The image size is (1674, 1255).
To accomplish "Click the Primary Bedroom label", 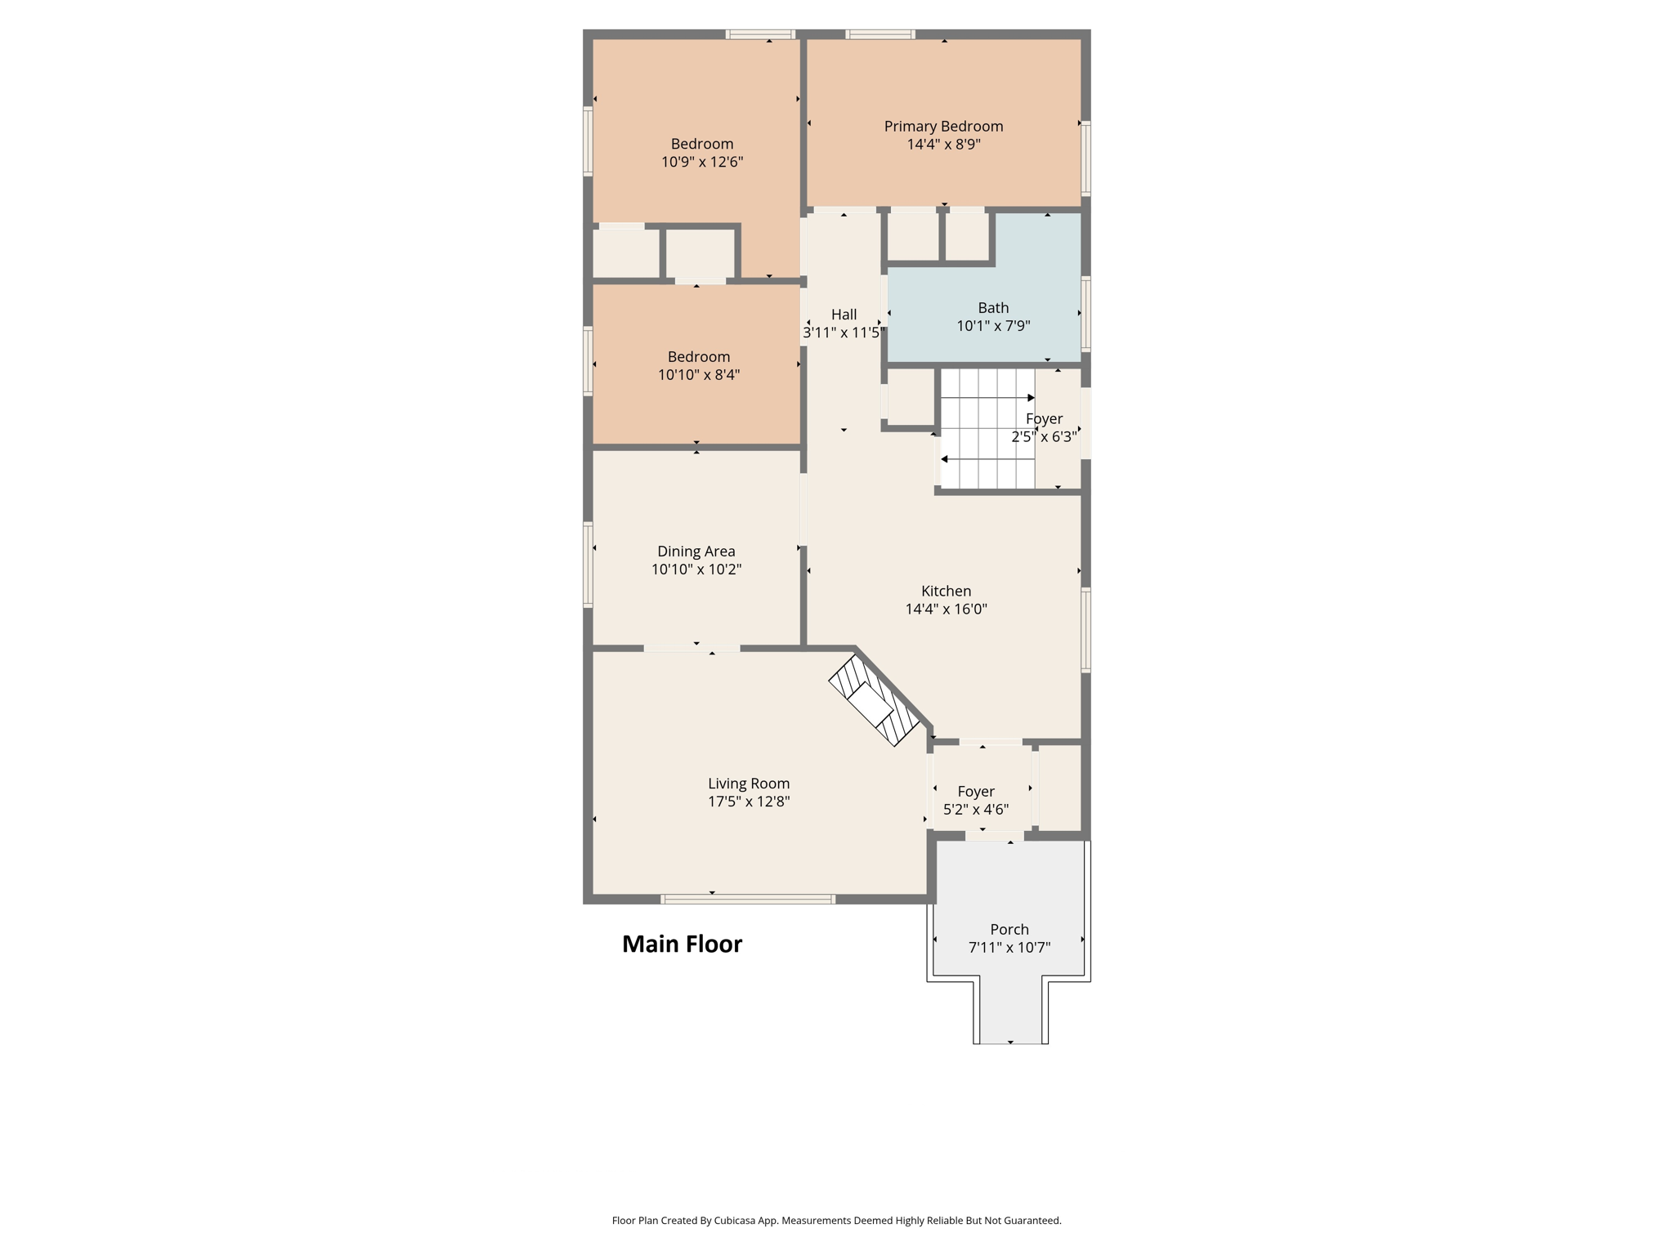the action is point(943,127).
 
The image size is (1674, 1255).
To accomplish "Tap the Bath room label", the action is point(993,308).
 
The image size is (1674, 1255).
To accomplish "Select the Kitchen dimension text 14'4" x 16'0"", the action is point(946,609).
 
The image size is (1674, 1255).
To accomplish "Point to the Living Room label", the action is point(749,784).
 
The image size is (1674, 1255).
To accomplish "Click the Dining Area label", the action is point(696,552).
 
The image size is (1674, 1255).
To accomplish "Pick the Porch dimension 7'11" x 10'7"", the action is point(1009,948).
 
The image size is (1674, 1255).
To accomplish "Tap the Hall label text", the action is point(844,315).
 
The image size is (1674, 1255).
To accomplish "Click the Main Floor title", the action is point(682,944).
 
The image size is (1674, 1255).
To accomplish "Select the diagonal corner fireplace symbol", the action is point(875,700).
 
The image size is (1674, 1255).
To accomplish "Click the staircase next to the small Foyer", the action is point(987,429).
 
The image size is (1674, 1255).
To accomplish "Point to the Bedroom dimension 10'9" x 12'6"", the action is point(702,162).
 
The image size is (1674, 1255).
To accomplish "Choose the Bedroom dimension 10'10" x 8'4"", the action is point(699,375).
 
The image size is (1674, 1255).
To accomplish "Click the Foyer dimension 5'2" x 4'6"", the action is point(976,810).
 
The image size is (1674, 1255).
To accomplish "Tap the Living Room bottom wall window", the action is point(748,900).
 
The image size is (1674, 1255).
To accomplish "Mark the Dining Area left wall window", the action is point(588,565).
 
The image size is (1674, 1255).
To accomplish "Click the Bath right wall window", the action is point(1085,314).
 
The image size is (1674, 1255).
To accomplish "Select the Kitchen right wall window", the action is point(1085,630).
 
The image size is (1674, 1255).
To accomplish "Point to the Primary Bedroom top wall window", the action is point(880,34).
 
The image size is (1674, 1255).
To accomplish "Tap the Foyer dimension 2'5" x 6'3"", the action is point(1044,437).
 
